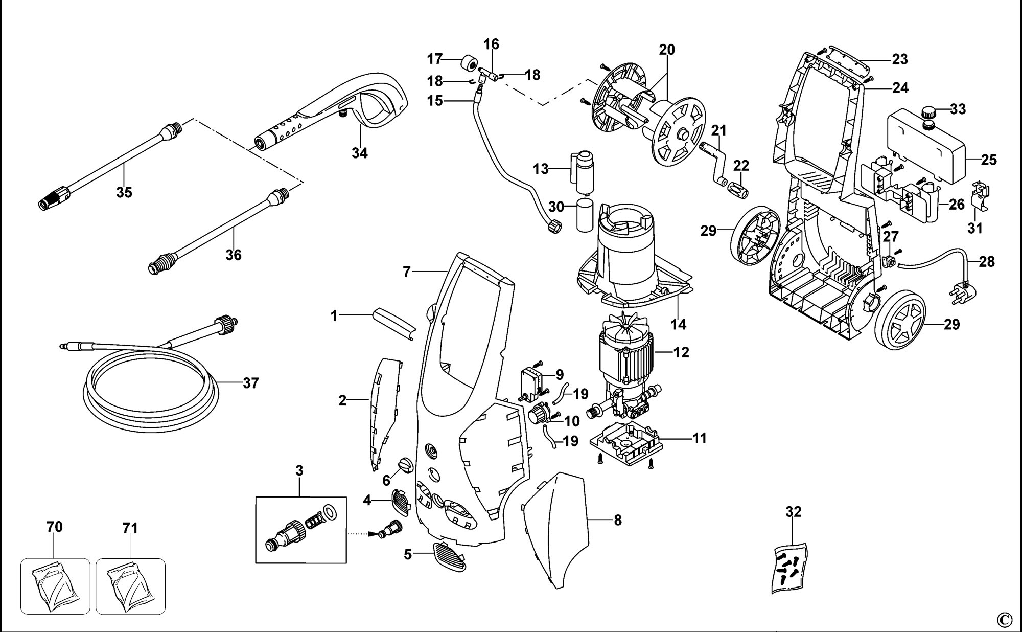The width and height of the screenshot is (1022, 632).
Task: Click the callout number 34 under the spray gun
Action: coord(360,152)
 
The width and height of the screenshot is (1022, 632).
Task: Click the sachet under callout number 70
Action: coord(55,585)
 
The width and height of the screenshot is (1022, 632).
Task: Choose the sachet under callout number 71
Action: coord(130,585)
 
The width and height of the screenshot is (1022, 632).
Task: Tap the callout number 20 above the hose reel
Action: coord(667,50)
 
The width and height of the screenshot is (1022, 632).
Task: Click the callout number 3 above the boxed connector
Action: coord(299,470)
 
